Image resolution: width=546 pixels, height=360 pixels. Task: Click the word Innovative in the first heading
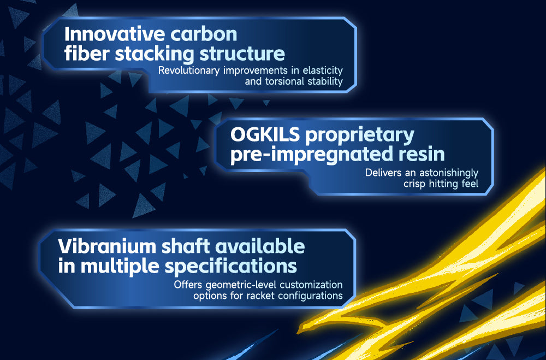pos(115,34)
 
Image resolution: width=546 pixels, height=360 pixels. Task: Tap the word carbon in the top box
pos(204,34)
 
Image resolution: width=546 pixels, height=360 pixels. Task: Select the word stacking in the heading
pos(155,54)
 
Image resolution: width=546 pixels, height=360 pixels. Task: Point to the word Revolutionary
pos(189,71)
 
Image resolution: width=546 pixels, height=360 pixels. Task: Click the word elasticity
pos(323,71)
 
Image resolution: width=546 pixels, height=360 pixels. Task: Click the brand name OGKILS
pos(265,134)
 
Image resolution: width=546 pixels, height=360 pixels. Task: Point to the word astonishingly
pos(448,173)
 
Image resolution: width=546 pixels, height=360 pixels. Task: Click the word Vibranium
pos(107,246)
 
